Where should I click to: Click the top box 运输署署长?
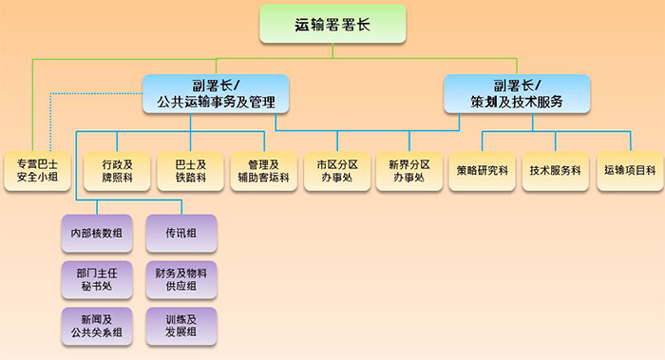pyautogui.click(x=332, y=24)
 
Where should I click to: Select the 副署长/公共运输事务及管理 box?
pyautogui.click(x=217, y=93)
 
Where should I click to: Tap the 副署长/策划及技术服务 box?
pyautogui.click(x=517, y=93)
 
